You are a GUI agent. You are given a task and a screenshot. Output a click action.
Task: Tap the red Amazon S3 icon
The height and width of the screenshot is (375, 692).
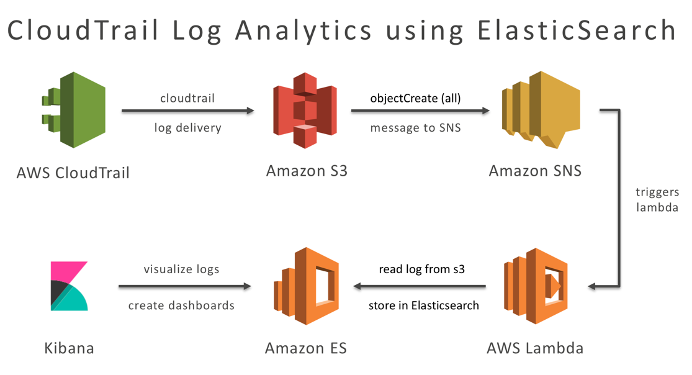click(x=305, y=110)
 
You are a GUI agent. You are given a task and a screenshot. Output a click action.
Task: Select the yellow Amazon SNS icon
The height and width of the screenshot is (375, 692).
click(x=540, y=110)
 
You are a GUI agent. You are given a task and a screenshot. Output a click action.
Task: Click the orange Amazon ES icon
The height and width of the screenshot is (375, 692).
click(x=307, y=286)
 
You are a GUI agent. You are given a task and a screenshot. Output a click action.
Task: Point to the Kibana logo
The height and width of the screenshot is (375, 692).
click(x=69, y=286)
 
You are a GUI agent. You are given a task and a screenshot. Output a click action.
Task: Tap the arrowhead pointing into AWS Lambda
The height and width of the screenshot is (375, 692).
click(x=592, y=286)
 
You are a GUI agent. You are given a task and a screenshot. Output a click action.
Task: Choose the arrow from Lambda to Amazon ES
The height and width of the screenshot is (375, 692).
click(x=420, y=286)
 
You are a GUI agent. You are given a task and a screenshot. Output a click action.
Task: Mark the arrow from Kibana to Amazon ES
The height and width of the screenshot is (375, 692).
click(x=184, y=286)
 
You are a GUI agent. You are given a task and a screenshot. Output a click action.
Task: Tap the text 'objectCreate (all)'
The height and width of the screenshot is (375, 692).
click(x=415, y=98)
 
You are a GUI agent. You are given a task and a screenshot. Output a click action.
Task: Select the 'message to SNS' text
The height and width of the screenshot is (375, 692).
click(x=415, y=128)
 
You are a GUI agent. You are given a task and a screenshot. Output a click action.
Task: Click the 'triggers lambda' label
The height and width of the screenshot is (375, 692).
click(x=657, y=200)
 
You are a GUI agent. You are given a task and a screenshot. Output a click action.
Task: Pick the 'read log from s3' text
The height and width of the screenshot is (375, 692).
click(x=422, y=269)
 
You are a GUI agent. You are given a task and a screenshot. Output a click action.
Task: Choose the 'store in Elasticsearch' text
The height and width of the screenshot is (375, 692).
click(x=423, y=305)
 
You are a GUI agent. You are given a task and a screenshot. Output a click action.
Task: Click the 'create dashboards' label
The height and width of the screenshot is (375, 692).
click(x=181, y=305)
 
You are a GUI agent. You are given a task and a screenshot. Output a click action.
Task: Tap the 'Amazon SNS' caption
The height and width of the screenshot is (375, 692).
click(x=535, y=171)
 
